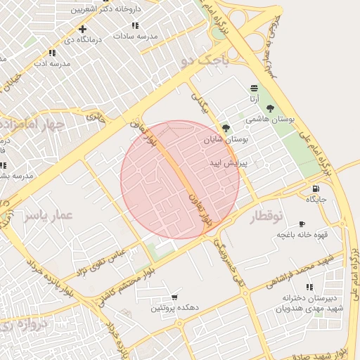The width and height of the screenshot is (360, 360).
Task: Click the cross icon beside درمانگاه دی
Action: click(x=83, y=29)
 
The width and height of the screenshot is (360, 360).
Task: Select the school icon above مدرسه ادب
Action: click(x=52, y=53)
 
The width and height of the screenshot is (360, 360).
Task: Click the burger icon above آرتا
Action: click(x=253, y=87)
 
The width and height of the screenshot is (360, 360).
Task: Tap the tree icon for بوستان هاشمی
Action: click(x=270, y=108)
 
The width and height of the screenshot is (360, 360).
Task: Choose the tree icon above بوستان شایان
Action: click(x=226, y=128)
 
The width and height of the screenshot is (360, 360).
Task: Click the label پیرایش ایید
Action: click(x=229, y=162)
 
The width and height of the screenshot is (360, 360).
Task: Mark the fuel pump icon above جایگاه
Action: click(x=316, y=188)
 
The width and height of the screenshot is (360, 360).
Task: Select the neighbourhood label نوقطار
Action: click(x=266, y=218)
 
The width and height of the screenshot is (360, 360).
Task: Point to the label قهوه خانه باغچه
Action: click(x=299, y=234)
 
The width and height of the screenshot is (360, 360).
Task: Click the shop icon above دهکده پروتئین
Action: click(x=174, y=298)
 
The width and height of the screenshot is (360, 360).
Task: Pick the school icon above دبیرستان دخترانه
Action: click(x=308, y=286)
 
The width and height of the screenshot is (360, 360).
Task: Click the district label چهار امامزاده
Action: click(x=34, y=125)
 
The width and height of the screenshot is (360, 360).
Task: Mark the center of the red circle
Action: click(x=180, y=180)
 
